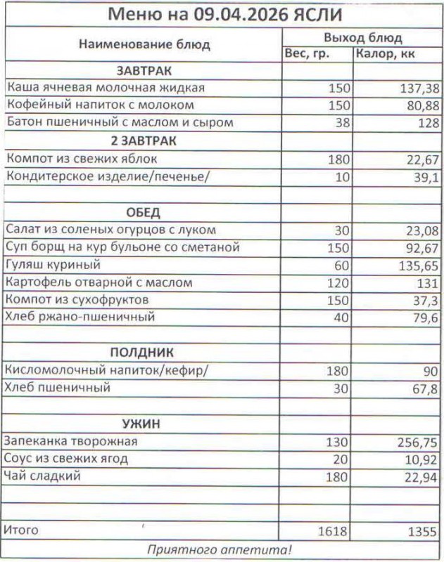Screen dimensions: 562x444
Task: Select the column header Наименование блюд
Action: click(144, 45)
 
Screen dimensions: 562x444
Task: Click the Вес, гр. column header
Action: click(307, 54)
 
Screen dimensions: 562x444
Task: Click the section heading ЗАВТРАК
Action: click(144, 71)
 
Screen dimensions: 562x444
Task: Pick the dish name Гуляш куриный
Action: click(53, 265)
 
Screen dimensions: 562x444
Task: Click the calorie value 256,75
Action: click(416, 442)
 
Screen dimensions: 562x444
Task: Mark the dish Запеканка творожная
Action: click(70, 441)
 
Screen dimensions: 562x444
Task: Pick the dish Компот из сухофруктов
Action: click(77, 300)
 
